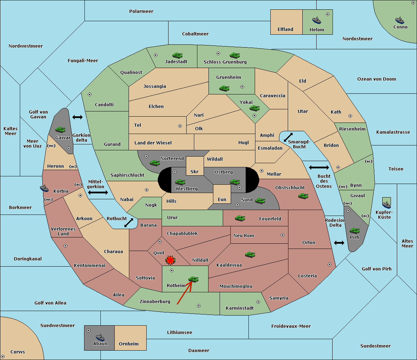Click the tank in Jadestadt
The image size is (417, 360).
pyautogui.click(x=178, y=55)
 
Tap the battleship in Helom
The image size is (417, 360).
pyautogui.click(x=317, y=20)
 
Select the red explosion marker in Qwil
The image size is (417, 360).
pyautogui.click(x=170, y=260)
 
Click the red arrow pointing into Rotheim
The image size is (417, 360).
pyautogui.click(x=184, y=293)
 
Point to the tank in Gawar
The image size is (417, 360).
pyautogui.click(x=60, y=129)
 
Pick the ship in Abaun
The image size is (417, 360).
pyautogui.click(x=100, y=337)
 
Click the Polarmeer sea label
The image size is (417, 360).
pyautogui.click(x=141, y=11)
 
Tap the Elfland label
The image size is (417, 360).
pyautogui.click(x=285, y=30)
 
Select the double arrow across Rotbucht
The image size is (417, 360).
pyautogui.click(x=129, y=223)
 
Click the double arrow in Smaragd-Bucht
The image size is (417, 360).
pyautogui.click(x=288, y=137)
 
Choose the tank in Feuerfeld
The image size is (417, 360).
pyautogui.click(x=240, y=218)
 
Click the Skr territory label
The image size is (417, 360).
pyautogui.click(x=194, y=171)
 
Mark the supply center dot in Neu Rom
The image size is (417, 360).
pyautogui.click(x=283, y=235)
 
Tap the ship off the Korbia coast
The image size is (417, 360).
pyautogui.click(x=44, y=188)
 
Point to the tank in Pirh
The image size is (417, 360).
pyautogui.click(x=354, y=231)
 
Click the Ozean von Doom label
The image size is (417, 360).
pyautogui.click(x=376, y=79)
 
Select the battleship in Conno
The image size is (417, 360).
pyautogui.click(x=400, y=20)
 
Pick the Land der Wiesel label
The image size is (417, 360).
pyautogui.click(x=153, y=143)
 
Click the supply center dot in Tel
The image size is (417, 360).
pyautogui.click(x=180, y=126)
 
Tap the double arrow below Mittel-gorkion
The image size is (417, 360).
pyautogui.click(x=98, y=193)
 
